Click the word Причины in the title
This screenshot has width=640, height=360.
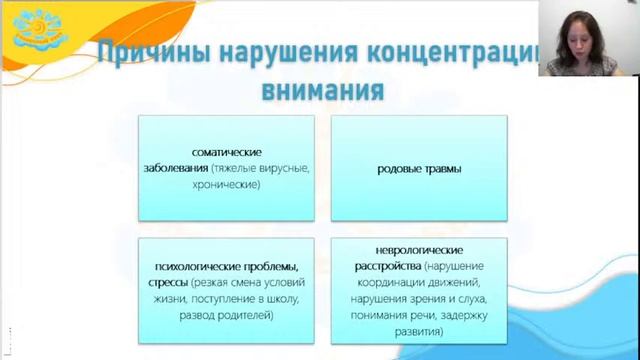(151, 55)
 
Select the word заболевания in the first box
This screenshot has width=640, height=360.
(175, 168)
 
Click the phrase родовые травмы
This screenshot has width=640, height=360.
(419, 168)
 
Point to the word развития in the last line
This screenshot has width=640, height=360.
(418, 331)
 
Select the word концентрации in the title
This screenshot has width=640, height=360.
(470, 55)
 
